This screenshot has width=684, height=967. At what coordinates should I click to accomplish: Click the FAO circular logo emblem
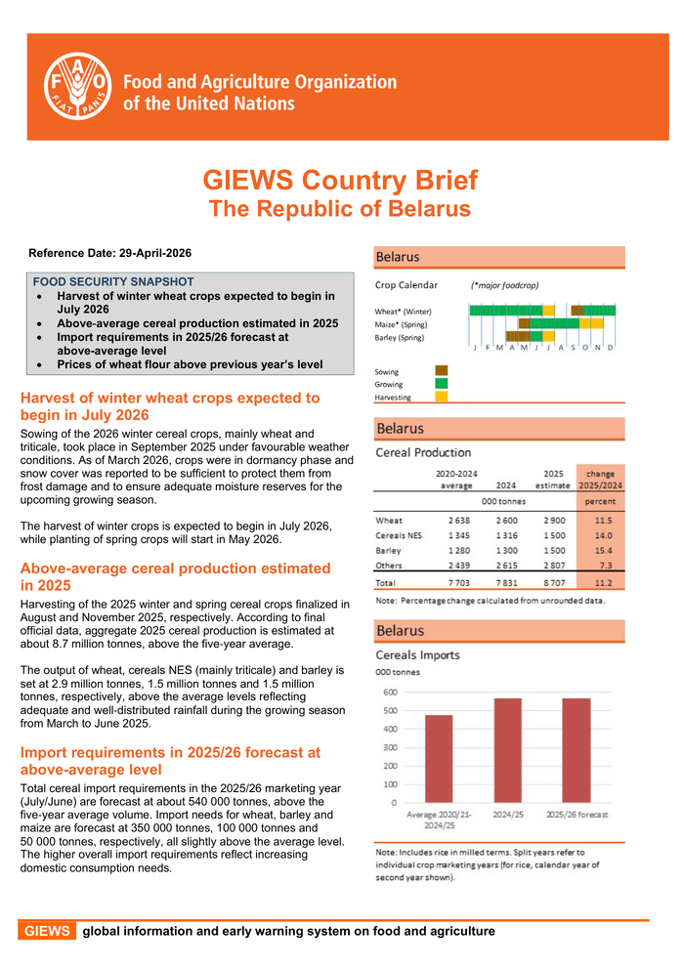pyautogui.click(x=78, y=85)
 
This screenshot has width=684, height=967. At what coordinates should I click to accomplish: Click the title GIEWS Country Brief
pyautogui.click(x=340, y=181)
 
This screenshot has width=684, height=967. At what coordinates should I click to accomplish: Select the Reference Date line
pyautogui.click(x=110, y=253)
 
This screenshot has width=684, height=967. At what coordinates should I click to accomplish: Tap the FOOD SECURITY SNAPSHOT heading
pyautogui.click(x=113, y=281)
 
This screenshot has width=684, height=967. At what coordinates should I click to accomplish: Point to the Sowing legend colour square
pyautogui.click(x=442, y=370)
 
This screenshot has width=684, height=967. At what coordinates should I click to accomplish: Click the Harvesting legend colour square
pyautogui.click(x=442, y=397)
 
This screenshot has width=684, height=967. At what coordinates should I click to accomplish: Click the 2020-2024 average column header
pyautogui.click(x=455, y=478)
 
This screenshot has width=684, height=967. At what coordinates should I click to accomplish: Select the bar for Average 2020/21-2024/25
pyautogui.click(x=439, y=758)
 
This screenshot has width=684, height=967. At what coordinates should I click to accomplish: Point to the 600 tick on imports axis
pyautogui.click(x=389, y=692)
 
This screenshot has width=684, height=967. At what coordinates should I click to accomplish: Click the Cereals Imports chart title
pyautogui.click(x=418, y=654)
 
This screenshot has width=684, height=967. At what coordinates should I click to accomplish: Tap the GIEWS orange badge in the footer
pyautogui.click(x=47, y=931)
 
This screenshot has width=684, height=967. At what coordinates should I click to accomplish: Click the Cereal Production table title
pyautogui.click(x=423, y=452)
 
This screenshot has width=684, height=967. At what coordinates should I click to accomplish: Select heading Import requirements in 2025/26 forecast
pyautogui.click(x=170, y=761)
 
